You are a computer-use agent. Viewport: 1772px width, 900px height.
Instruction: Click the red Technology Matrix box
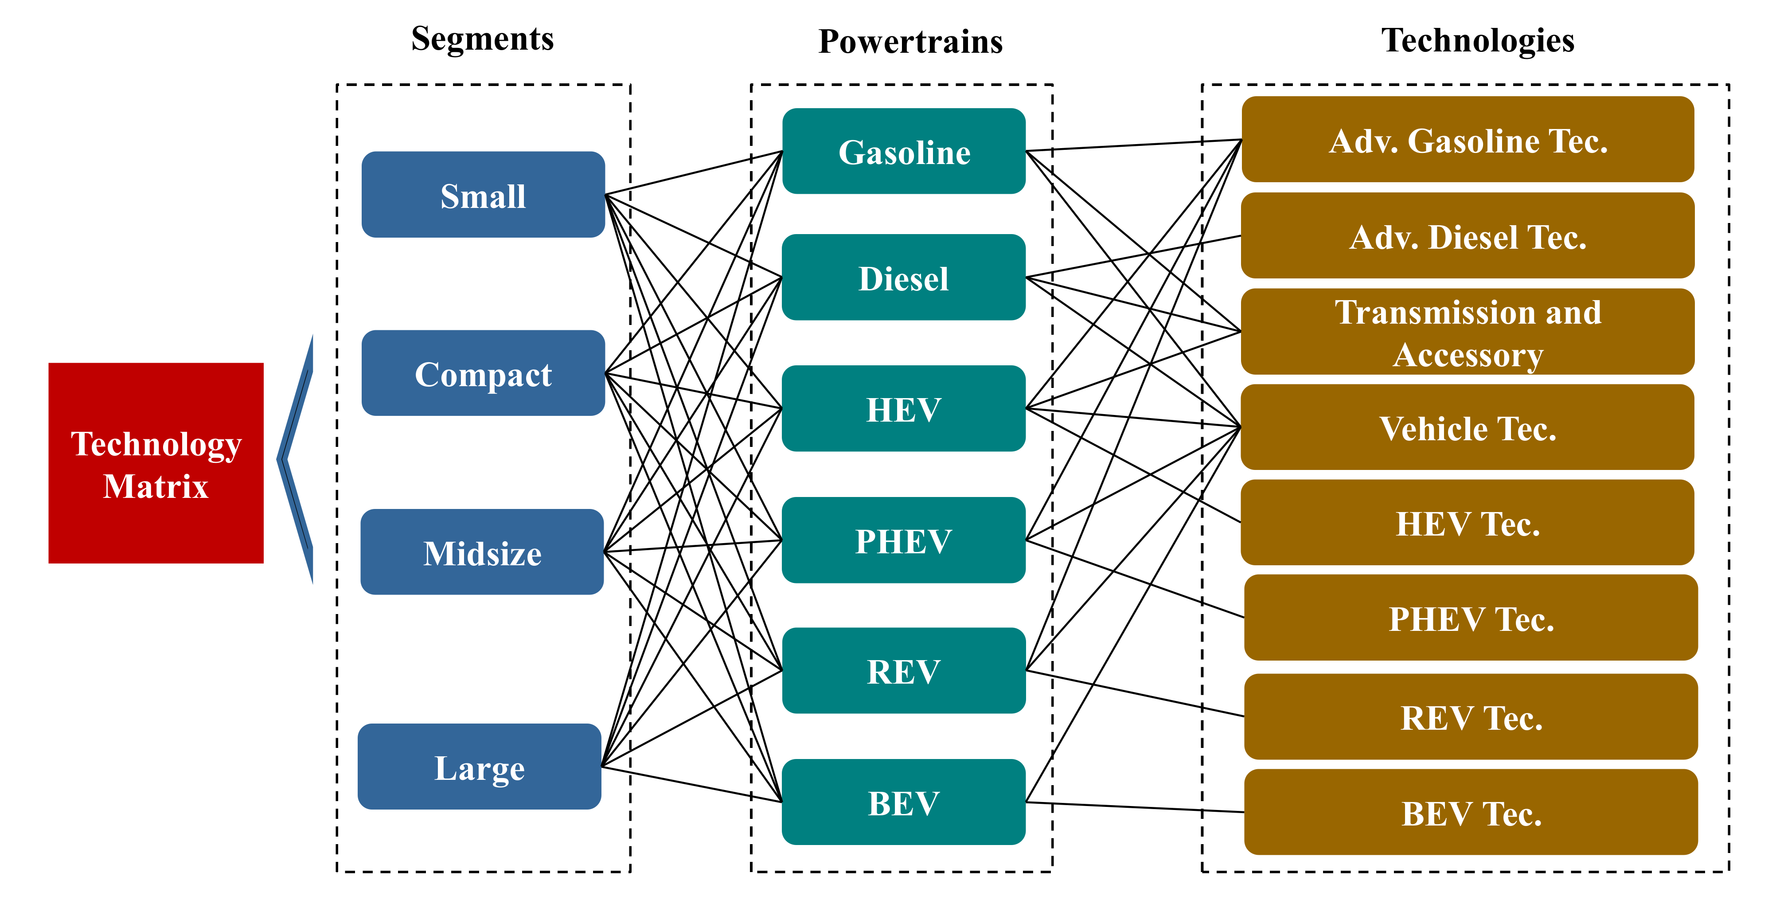tap(156, 463)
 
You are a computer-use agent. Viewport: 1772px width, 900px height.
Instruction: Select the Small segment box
tap(483, 195)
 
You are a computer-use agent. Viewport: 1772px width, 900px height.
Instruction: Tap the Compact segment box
tap(483, 373)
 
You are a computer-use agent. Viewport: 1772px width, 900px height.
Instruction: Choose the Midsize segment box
tap(482, 552)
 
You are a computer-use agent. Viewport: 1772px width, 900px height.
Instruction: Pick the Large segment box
tap(480, 767)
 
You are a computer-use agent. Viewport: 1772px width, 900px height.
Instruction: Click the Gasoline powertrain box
tap(904, 151)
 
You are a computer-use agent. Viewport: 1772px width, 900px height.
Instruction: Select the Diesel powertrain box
tap(904, 277)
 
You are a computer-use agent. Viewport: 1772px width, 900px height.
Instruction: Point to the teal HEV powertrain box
tap(904, 409)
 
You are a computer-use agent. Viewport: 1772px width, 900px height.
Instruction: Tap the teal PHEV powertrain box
tap(904, 540)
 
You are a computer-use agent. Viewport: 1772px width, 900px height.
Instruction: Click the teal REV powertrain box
tap(904, 671)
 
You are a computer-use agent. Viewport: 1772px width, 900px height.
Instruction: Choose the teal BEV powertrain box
tap(904, 802)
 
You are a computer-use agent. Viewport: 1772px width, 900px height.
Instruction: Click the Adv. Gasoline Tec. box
tap(1468, 140)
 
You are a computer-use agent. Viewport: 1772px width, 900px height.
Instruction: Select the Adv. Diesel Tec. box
tap(1468, 236)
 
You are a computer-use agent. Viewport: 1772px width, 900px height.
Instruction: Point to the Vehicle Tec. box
tap(1468, 427)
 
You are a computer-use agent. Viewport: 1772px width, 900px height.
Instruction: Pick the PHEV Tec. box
tap(1471, 618)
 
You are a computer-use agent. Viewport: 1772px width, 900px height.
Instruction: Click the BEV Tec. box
tap(1471, 813)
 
